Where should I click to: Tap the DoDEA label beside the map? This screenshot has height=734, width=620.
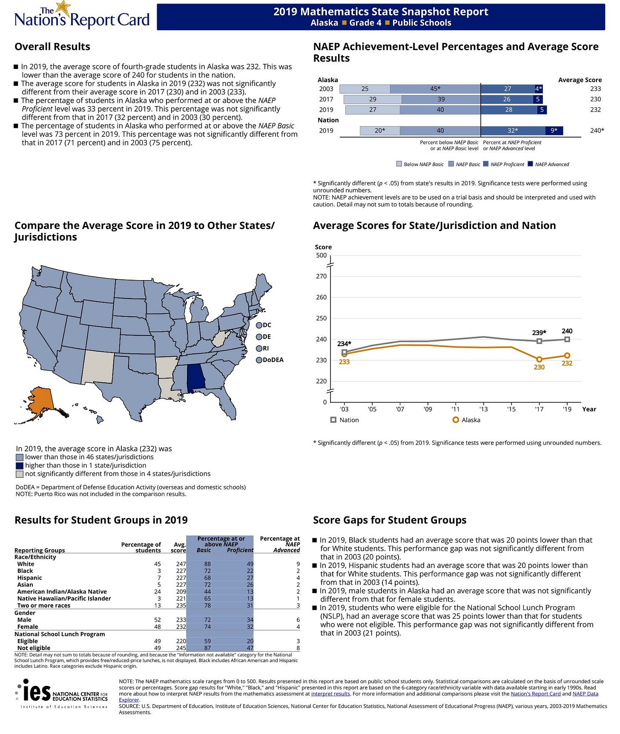[273, 360]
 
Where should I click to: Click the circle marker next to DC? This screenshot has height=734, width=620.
[259, 325]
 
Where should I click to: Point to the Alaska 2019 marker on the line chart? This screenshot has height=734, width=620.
[567, 356]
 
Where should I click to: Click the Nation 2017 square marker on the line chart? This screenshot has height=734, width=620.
[539, 341]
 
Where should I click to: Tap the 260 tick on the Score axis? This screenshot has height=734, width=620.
[321, 297]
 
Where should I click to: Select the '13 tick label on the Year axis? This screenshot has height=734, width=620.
[483, 409]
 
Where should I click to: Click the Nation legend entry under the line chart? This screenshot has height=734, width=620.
[345, 420]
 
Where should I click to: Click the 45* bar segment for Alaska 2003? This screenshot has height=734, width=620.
[435, 89]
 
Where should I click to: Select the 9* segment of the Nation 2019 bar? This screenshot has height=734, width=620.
[554, 131]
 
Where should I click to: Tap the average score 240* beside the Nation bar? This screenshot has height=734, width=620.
[597, 131]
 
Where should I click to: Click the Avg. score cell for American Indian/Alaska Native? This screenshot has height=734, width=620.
[181, 591]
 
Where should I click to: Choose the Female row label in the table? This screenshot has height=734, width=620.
[28, 627]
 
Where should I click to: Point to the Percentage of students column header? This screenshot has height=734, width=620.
[141, 547]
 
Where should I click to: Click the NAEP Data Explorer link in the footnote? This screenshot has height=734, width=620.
[585, 694]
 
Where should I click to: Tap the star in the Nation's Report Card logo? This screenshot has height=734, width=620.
[63, 8]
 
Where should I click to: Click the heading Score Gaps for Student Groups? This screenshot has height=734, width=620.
[390, 520]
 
